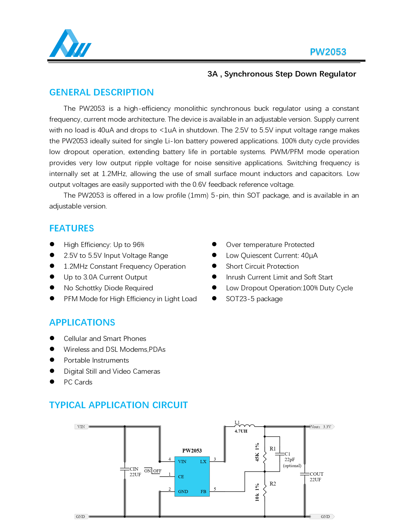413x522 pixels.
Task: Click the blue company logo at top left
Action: pyautogui.click(x=70, y=43)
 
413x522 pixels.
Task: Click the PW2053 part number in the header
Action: pyautogui.click(x=328, y=52)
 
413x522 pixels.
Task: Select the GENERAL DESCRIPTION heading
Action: pyautogui.click(x=101, y=92)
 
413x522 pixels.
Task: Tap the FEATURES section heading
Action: pyautogui.click(x=71, y=228)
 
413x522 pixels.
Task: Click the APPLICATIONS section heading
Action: pyautogui.click(x=82, y=323)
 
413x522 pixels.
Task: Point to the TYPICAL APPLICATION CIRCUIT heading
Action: pyautogui.click(x=118, y=405)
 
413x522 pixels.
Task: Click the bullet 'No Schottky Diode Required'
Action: pyautogui.click(x=108, y=288)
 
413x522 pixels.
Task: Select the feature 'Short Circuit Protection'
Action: pyautogui.click(x=262, y=266)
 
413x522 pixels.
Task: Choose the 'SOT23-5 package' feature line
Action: pyautogui.click(x=254, y=299)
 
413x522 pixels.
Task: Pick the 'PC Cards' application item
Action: pyautogui.click(x=78, y=382)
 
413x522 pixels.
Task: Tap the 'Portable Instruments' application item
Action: pyautogui.click(x=96, y=360)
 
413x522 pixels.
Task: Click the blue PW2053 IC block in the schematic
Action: pyautogui.click(x=192, y=476)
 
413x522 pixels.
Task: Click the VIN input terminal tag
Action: pyautogui.click(x=81, y=427)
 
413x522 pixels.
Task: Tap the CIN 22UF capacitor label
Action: pyautogui.click(x=135, y=472)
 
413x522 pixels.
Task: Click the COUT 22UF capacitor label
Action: pyautogui.click(x=316, y=477)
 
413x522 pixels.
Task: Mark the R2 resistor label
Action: pyautogui.click(x=273, y=484)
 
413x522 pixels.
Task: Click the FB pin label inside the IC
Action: pyautogui.click(x=203, y=492)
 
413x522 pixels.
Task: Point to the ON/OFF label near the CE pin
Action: pyautogui.click(x=153, y=471)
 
